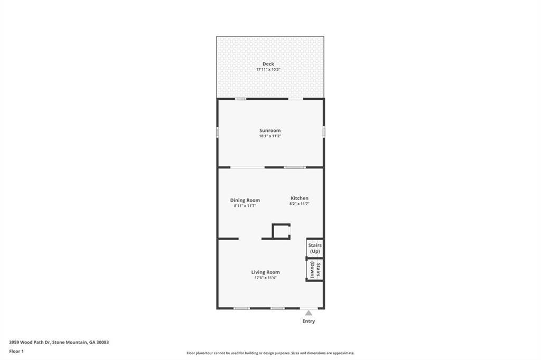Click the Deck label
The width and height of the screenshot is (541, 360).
tap(268, 64)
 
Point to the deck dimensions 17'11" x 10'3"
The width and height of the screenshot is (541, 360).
tap(268, 70)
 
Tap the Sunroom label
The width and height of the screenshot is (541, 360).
tap(269, 130)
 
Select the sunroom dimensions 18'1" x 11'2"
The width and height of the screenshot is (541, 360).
tap(269, 136)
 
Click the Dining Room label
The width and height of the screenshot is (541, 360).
tap(245, 200)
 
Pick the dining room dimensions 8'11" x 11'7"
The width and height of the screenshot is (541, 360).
tap(245, 205)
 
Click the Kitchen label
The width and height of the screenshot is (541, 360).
tap(299, 198)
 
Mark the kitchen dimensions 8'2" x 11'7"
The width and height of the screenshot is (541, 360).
tap(299, 204)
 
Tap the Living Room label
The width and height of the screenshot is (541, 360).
tap(265, 272)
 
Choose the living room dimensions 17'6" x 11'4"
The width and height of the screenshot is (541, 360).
tap(265, 278)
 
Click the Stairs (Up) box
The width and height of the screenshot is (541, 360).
tap(315, 249)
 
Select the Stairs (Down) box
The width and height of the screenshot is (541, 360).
tap(315, 270)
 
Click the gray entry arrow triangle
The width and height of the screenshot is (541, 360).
tap(309, 313)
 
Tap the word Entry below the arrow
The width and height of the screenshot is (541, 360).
tap(309, 321)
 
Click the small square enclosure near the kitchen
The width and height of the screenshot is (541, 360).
tap(281, 232)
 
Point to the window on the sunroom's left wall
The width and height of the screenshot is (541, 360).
tap(217, 131)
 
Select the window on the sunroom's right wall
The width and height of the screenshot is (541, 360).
tap(324, 131)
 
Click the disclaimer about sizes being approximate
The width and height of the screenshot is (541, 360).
tap(270, 353)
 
